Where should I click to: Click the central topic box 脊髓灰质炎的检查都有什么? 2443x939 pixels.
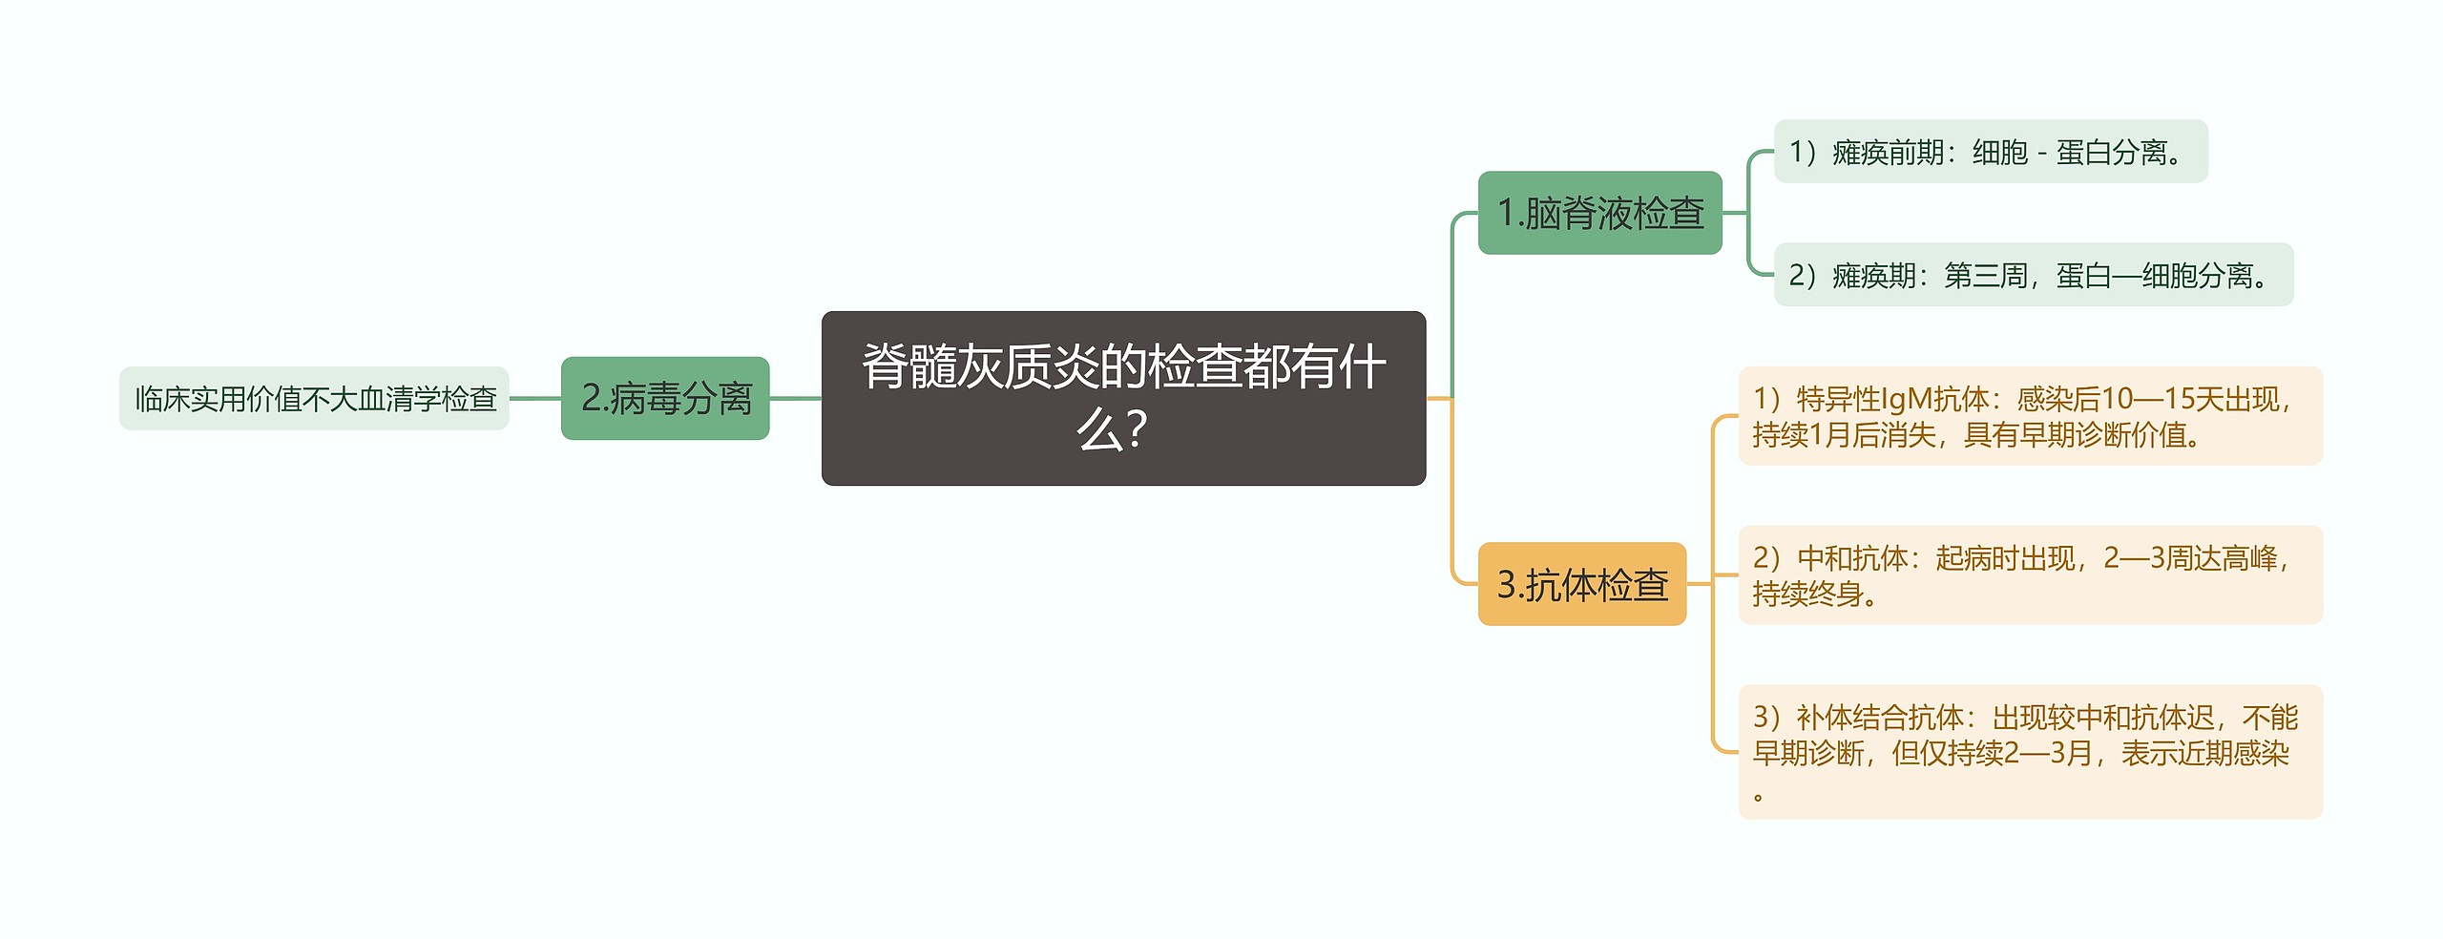click(x=1123, y=398)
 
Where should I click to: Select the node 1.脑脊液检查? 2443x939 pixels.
click(x=1599, y=213)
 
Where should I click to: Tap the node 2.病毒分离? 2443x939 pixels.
click(x=665, y=398)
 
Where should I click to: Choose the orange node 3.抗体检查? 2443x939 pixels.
click(x=1581, y=584)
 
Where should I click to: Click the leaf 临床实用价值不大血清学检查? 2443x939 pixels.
click(x=314, y=398)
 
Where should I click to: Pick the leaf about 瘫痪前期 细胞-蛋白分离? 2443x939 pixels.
click(x=1990, y=152)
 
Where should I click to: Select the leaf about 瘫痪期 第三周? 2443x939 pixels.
click(x=2033, y=275)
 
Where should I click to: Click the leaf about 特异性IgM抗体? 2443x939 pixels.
click(x=2030, y=416)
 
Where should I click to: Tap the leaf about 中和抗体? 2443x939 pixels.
click(x=2030, y=574)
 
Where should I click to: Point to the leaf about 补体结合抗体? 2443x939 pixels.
click(x=2030, y=751)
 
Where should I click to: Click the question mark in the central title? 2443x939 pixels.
click(x=1136, y=430)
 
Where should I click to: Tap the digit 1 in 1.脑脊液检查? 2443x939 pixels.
click(x=1506, y=213)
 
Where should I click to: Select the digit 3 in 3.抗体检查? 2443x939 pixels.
click(x=1506, y=584)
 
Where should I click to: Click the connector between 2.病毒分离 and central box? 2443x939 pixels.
click(x=795, y=398)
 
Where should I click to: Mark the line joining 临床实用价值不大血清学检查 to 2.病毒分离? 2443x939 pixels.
click(x=534, y=398)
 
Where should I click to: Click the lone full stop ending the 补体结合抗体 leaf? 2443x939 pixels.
click(x=1758, y=795)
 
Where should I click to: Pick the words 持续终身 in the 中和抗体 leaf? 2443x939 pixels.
click(x=1807, y=594)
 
